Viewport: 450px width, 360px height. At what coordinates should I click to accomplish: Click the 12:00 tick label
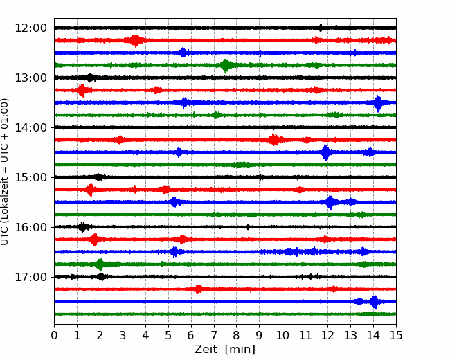pyautogui.click(x=30, y=28)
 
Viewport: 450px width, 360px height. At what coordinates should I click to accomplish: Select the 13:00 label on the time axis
pyautogui.click(x=30, y=78)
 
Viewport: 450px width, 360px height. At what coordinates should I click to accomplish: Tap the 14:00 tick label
pyautogui.click(x=30, y=127)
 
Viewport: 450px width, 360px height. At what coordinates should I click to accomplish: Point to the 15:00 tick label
pyautogui.click(x=30, y=177)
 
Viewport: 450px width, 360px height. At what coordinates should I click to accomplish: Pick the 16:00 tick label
pyautogui.click(x=30, y=227)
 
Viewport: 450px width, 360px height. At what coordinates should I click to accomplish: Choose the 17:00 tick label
pyautogui.click(x=30, y=277)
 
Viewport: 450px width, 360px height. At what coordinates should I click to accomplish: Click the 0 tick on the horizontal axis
pyautogui.click(x=54, y=335)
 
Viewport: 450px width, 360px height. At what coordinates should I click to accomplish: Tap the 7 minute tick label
pyautogui.click(x=214, y=335)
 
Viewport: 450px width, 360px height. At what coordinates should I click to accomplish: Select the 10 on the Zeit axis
pyautogui.click(x=282, y=335)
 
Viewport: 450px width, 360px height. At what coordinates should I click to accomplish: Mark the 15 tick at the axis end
pyautogui.click(x=396, y=335)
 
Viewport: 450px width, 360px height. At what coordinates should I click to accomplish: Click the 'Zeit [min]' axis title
pyautogui.click(x=225, y=350)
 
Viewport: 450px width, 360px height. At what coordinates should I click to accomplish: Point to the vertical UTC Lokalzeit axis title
pyautogui.click(x=5, y=172)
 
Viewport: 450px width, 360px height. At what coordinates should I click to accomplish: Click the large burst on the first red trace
pyautogui.click(x=135, y=40)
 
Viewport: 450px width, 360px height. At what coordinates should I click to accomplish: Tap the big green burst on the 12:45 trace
pyautogui.click(x=226, y=66)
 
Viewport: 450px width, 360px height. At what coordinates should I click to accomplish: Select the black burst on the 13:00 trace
pyautogui.click(x=90, y=78)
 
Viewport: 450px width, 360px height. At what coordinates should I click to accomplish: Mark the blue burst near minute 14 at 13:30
pyautogui.click(x=378, y=102)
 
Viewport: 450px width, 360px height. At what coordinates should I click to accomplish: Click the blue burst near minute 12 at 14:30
pyautogui.click(x=325, y=152)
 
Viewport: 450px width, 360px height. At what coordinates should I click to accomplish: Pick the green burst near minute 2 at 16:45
pyautogui.click(x=100, y=264)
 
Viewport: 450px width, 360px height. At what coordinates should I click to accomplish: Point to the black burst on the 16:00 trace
pyautogui.click(x=82, y=227)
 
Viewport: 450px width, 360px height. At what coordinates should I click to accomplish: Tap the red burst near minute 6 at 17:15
pyautogui.click(x=198, y=289)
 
